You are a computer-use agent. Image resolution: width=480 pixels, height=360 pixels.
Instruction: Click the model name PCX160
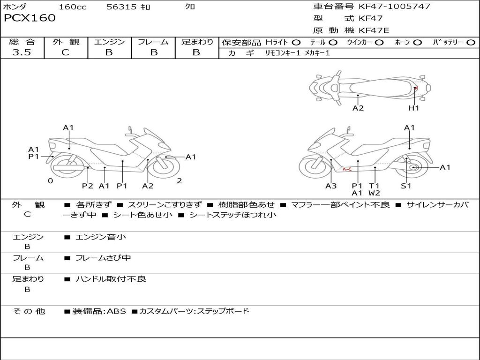pyautogui.click(x=30, y=18)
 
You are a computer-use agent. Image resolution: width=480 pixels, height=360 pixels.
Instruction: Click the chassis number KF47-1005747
pyautogui.click(x=394, y=7)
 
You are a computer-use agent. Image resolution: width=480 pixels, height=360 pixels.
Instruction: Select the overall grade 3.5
pyautogui.click(x=22, y=52)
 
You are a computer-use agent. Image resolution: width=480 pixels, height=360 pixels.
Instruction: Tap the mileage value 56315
pyautogui.click(x=121, y=7)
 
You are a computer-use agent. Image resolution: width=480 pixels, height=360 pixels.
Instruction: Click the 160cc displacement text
pyautogui.click(x=73, y=7)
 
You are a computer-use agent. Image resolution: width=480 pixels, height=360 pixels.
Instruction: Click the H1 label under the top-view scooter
pyautogui.click(x=414, y=108)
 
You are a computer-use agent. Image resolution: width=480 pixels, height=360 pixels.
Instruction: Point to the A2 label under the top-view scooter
pyautogui.click(x=358, y=108)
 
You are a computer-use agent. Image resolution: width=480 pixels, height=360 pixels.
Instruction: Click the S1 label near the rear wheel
pyautogui.click(x=406, y=186)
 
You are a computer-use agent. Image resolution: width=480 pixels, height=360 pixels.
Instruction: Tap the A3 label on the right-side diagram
pyautogui.click(x=331, y=186)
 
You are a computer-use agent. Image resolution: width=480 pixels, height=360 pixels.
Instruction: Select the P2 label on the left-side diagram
pyautogui.click(x=88, y=186)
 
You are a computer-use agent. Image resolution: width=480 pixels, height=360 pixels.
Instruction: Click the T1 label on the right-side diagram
pyautogui.click(x=374, y=186)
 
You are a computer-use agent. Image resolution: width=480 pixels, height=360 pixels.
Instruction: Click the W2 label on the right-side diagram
pyautogui.click(x=374, y=193)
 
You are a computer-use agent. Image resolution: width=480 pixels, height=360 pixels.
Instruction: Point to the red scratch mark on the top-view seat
pyautogui.click(x=416, y=88)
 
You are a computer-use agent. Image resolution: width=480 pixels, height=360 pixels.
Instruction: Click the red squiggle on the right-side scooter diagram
pyautogui.click(x=347, y=168)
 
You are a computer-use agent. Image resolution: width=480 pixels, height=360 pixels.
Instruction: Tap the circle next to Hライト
pyautogui.click(x=296, y=43)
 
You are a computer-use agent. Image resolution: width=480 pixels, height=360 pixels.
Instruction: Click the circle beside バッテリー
pyautogui.click(x=471, y=43)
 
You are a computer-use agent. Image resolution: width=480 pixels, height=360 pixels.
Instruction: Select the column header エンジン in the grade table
pyautogui.click(x=109, y=42)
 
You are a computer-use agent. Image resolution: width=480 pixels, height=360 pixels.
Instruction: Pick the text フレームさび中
pyautogui.click(x=103, y=258)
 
